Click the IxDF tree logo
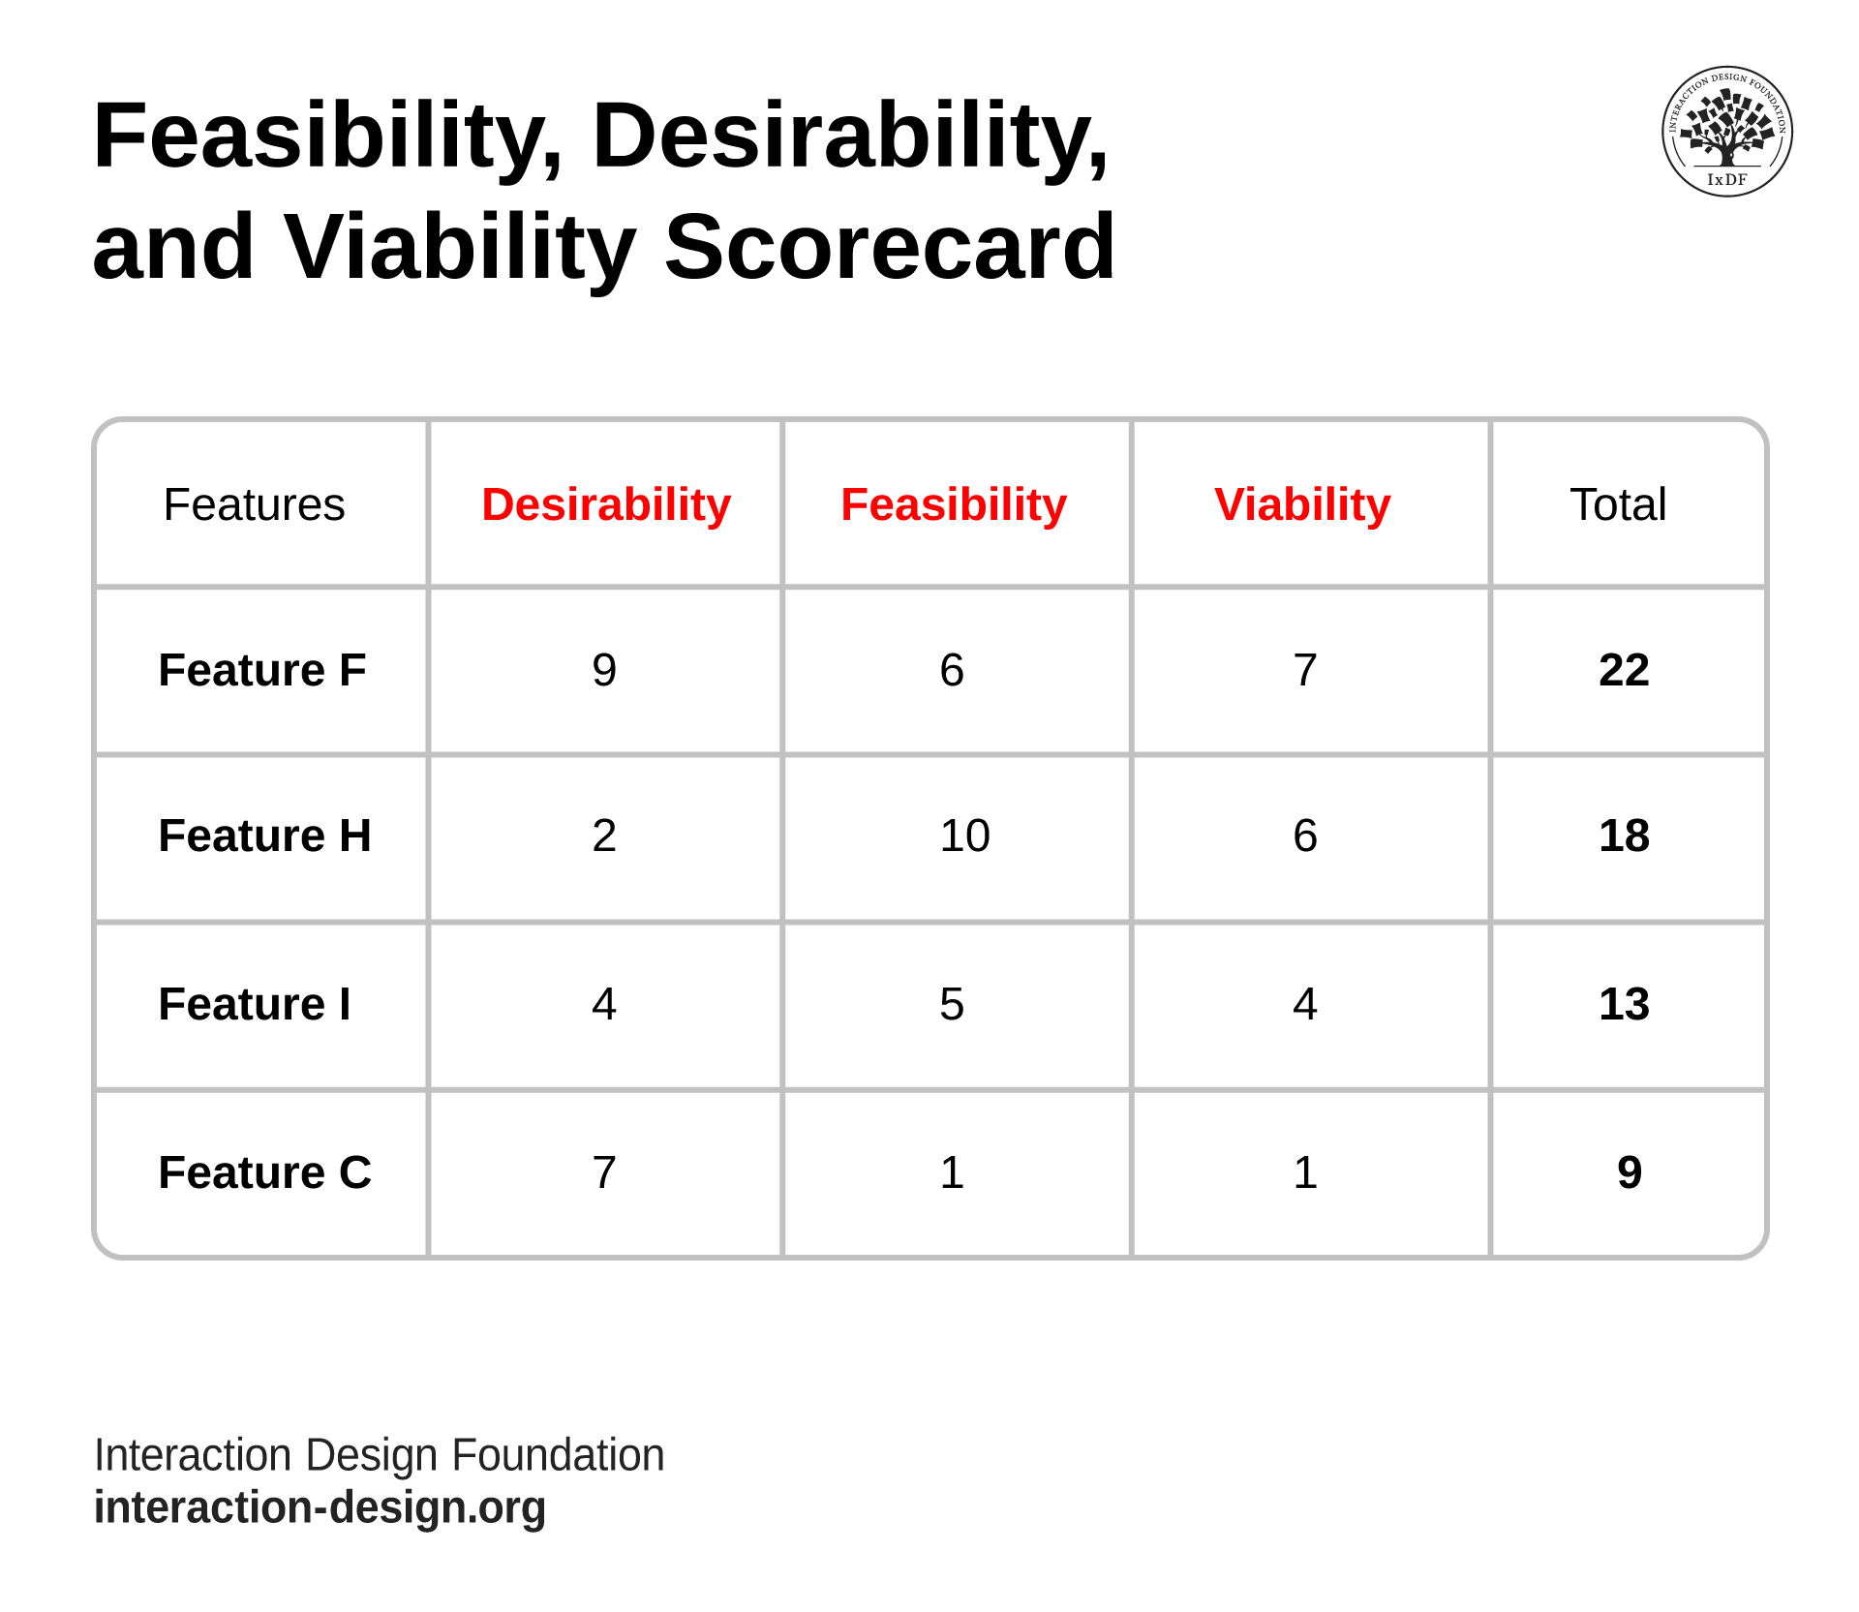coord(1726,132)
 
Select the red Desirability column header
coord(606,504)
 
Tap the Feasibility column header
coord(954,504)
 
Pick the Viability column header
coord(1302,504)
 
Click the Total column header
coord(1618,504)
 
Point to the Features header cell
coord(254,504)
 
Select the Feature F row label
coord(262,670)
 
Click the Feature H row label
coord(264,836)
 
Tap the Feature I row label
coord(255,1004)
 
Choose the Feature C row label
coord(264,1172)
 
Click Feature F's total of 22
coord(1624,670)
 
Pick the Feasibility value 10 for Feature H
coord(964,836)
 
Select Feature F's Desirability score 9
coord(604,670)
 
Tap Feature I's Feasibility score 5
coord(952,1004)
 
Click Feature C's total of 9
coord(1630,1172)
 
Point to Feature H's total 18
coord(1624,836)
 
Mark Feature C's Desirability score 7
coord(604,1172)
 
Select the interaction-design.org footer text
coord(320,1507)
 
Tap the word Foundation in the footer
coord(558,1455)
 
